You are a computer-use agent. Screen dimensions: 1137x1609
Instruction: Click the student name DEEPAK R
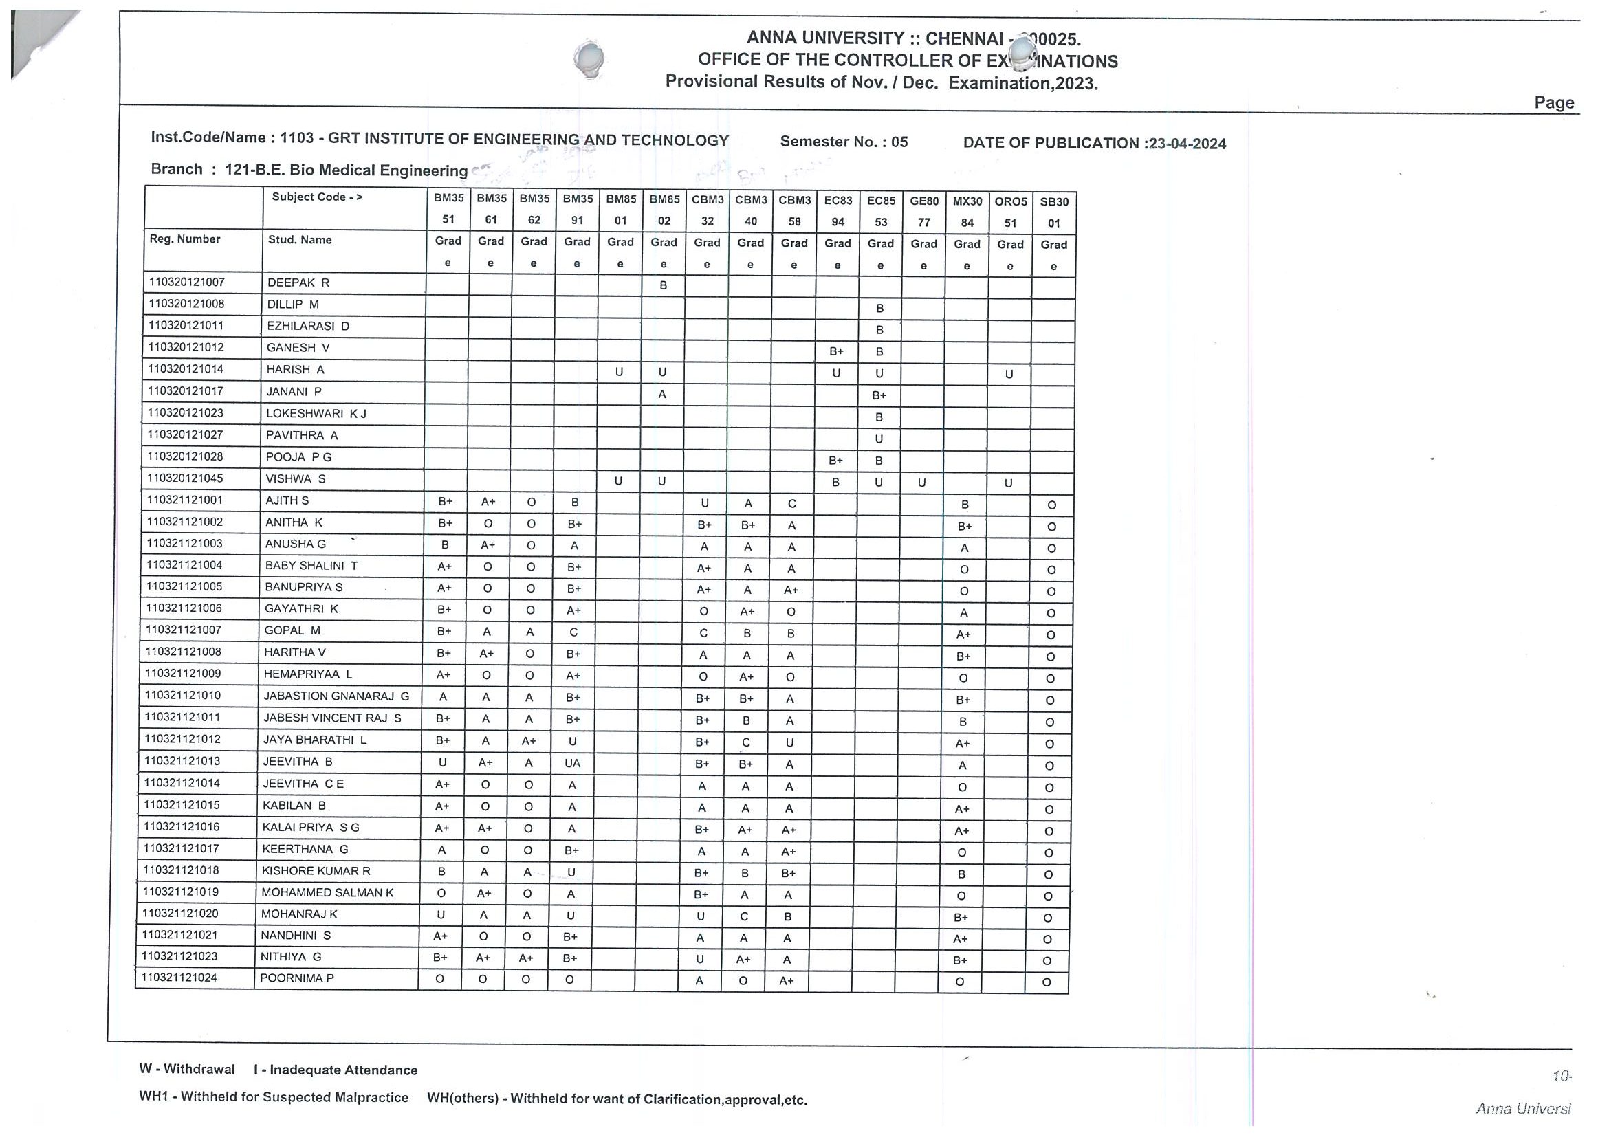coord(298,283)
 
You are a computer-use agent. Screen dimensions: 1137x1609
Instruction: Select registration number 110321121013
coord(182,761)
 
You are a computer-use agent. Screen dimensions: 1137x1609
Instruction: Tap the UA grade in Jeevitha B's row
coord(573,763)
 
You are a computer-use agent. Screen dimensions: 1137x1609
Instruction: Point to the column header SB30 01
coord(1054,212)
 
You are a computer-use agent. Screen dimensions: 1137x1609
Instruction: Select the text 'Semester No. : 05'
coord(844,142)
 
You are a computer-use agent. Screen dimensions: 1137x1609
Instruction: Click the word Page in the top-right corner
coord(1553,103)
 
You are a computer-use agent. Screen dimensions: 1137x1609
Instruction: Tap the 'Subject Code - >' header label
coord(317,197)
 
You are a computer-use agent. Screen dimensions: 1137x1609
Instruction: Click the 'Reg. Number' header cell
coord(185,239)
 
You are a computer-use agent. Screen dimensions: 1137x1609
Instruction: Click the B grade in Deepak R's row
coord(663,285)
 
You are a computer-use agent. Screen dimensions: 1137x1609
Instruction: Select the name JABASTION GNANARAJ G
coord(336,696)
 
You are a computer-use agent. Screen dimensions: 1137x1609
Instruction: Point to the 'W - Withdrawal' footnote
coord(186,1069)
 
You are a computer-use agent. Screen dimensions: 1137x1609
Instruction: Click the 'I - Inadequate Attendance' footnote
coord(336,1070)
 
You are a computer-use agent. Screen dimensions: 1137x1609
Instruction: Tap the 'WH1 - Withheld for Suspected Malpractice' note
coord(273,1097)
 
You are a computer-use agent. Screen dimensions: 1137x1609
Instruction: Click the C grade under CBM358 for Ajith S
coord(791,504)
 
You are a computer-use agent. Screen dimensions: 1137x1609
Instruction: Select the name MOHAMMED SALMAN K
coord(327,892)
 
